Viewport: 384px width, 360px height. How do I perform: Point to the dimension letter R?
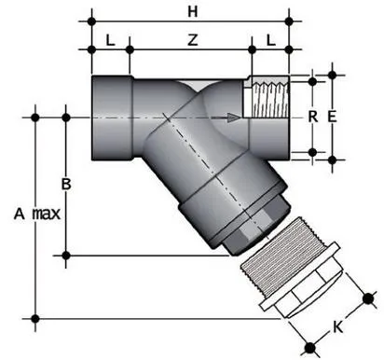[x=313, y=117]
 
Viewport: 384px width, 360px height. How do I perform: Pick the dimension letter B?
[x=65, y=183]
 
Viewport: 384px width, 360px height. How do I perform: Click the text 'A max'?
[x=36, y=214]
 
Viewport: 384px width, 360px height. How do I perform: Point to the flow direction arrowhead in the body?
[x=234, y=117]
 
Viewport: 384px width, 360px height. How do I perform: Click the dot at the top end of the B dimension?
[x=66, y=117]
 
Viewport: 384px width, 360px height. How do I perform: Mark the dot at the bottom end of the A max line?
[x=36, y=319]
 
